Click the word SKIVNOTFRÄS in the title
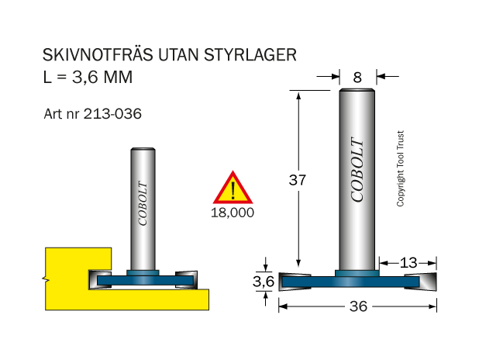[x=98, y=55]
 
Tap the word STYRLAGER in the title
[x=250, y=55]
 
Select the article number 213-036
[x=112, y=114]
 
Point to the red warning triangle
[x=233, y=188]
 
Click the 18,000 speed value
[x=233, y=213]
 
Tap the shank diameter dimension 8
[x=357, y=78]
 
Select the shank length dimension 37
[x=297, y=180]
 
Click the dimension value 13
[x=408, y=263]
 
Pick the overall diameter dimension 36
[x=358, y=306]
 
